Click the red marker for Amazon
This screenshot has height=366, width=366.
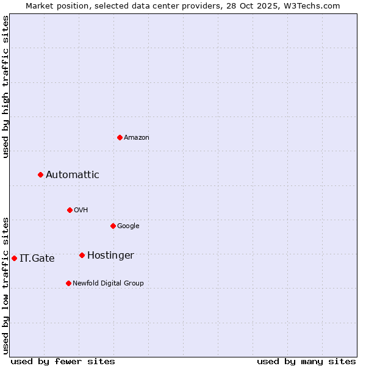120,137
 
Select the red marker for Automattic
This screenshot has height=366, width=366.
40,174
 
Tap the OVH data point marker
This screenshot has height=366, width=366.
70,210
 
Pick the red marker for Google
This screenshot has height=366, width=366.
113,226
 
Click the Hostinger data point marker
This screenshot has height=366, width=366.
82,255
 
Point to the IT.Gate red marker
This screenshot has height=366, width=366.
14,258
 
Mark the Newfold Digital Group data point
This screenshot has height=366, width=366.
68,283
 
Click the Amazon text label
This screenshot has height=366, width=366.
137,138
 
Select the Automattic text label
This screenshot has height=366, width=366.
73,175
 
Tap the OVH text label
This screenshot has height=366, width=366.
81,210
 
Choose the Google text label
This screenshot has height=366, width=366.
128,226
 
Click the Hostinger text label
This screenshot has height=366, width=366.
110,256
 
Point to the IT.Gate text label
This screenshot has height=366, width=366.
37,259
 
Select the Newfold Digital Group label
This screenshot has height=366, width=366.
108,284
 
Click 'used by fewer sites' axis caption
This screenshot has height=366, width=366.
63,361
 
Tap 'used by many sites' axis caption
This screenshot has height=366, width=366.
306,361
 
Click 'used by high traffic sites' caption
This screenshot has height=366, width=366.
5,87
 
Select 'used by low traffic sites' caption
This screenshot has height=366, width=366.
5,285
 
